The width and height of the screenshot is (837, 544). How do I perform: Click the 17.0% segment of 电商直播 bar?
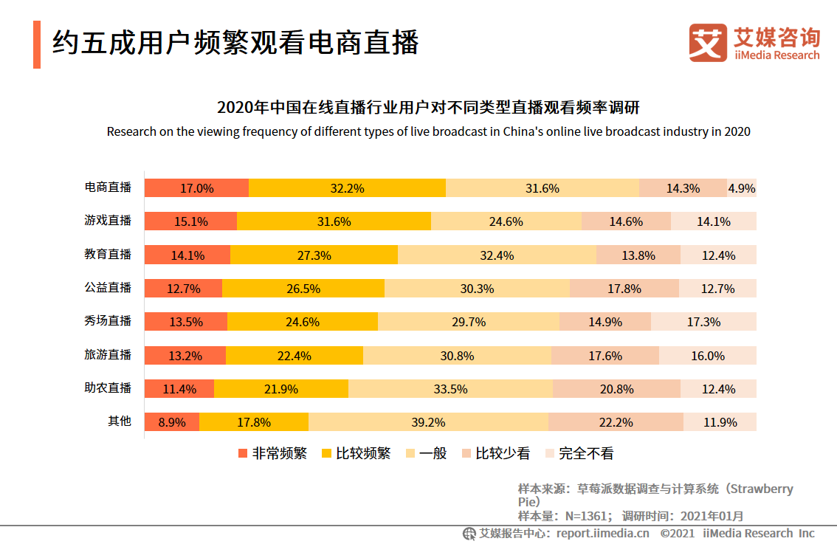click(196, 188)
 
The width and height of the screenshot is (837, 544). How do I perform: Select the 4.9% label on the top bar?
click(741, 188)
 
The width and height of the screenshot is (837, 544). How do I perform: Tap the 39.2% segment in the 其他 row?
click(428, 422)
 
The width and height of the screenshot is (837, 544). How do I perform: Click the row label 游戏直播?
click(108, 221)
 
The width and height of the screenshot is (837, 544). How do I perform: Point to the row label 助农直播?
click(108, 388)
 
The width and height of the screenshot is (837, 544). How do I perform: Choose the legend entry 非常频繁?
click(272, 453)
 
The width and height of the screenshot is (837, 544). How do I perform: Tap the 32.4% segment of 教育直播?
click(496, 255)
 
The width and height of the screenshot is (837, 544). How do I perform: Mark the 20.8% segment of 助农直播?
click(616, 389)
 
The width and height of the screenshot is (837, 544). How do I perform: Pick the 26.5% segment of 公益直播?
click(303, 289)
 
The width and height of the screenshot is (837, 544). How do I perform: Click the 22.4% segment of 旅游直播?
click(294, 356)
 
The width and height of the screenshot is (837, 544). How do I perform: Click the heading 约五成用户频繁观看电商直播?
click(235, 43)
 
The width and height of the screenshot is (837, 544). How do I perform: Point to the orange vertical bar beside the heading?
click(37, 44)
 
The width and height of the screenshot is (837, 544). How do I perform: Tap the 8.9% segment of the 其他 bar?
click(171, 422)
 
